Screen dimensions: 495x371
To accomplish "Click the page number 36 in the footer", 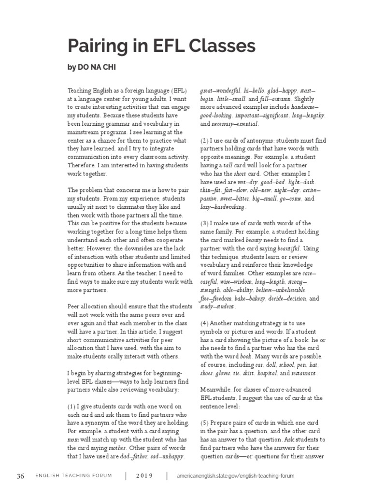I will point(20,476).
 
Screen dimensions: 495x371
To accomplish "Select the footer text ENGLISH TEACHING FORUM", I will point(73,476).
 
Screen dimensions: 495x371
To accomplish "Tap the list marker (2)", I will point(205,141).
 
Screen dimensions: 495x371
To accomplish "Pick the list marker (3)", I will point(205,223).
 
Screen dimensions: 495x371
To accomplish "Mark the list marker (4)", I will point(205,322).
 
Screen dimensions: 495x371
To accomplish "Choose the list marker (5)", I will point(205,422).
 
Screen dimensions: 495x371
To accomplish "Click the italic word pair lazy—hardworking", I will point(223,207).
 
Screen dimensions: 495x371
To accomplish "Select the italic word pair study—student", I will point(217,306).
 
